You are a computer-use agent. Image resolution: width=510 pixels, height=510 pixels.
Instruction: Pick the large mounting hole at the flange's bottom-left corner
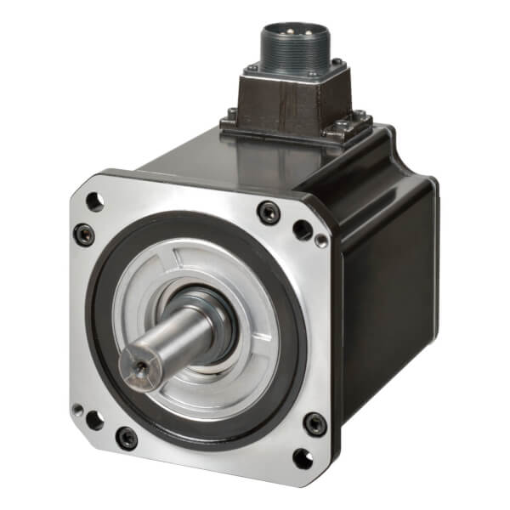click(x=92, y=420)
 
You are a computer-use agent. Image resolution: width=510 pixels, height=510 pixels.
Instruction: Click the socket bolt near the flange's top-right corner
click(x=269, y=212)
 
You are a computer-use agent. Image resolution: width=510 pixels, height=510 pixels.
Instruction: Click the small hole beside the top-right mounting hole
click(x=321, y=241)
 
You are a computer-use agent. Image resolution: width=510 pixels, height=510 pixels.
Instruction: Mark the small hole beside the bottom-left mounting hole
click(x=77, y=409)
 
